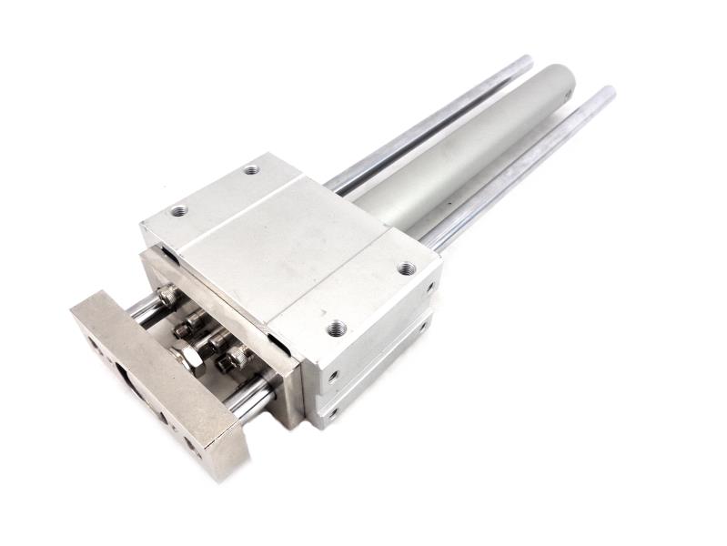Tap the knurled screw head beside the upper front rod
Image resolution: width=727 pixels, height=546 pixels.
click(167, 296)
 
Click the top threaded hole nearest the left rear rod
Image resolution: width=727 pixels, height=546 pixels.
click(252, 169)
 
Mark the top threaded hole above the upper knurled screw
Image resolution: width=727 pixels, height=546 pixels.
click(179, 210)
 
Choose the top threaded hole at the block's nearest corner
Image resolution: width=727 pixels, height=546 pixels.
click(337, 327)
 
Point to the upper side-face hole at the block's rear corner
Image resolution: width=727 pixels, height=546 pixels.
click(429, 285)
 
